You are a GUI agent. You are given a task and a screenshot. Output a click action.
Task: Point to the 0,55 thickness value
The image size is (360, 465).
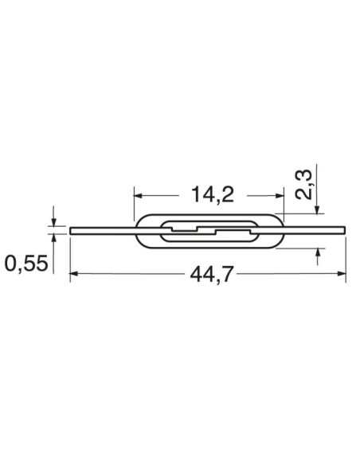pyautogui.click(x=26, y=263)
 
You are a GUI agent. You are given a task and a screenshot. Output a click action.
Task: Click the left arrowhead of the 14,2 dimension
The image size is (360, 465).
pyautogui.click(x=138, y=193)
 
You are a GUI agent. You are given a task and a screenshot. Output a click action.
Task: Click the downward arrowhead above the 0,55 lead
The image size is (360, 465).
pyautogui.click(x=54, y=221)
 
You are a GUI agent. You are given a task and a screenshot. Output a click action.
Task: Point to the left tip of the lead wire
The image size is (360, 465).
pyautogui.click(x=72, y=231)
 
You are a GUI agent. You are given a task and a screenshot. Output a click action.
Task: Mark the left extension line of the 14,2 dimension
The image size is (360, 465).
pyautogui.click(x=133, y=205)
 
